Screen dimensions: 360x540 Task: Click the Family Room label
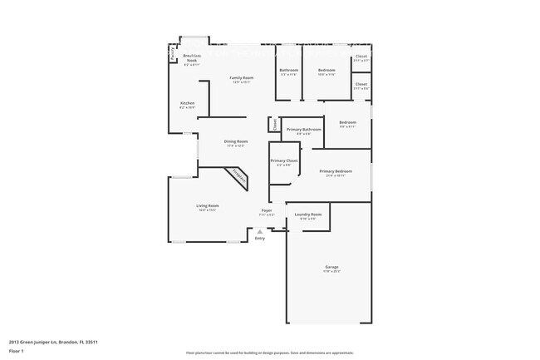coord(241,78)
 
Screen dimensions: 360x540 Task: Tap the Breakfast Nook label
coord(191,58)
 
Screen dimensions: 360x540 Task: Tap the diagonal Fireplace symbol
coord(238,176)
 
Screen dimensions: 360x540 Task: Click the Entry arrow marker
coord(259,230)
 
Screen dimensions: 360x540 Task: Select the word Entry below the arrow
coord(260,239)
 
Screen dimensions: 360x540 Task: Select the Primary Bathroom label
coord(303,130)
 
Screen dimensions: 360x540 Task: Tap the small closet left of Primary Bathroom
coord(272,125)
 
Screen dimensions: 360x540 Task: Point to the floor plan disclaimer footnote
coord(269,353)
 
